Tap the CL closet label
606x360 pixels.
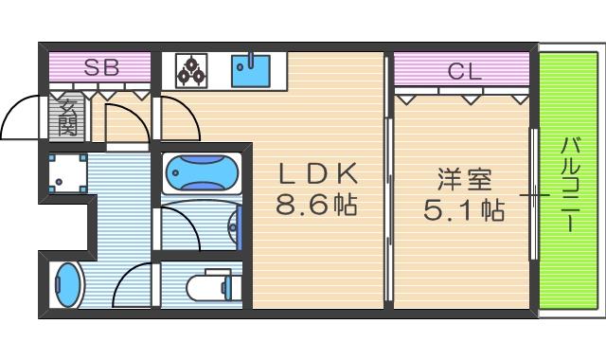coord(462,69)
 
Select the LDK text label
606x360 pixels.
coord(317,173)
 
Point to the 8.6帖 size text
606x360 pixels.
coord(317,205)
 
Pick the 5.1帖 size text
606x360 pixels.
coord(461,208)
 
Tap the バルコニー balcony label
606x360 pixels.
coord(570,185)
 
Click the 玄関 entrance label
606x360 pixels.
coord(67,116)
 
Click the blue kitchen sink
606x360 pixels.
coord(251,68)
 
